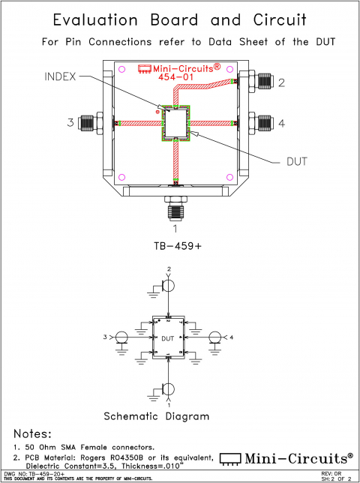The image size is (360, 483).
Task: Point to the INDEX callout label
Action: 60,76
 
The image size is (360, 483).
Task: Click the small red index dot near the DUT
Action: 157,111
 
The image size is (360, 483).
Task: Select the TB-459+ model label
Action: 175,244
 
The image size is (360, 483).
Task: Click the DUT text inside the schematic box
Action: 169,338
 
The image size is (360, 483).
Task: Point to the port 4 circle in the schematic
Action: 215,338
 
